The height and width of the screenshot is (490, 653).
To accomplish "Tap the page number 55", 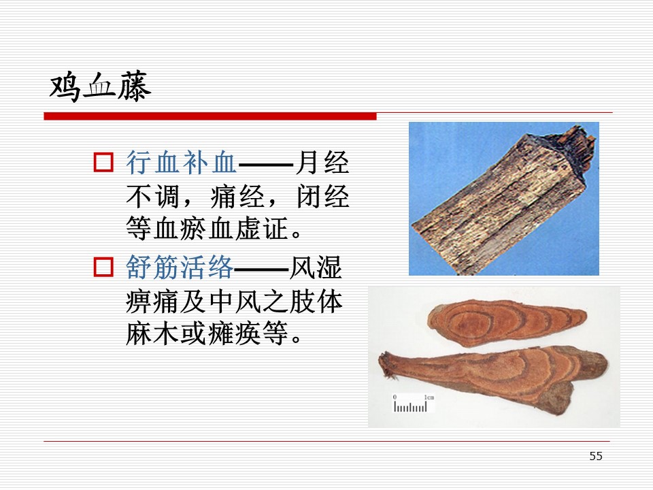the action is tap(596, 456).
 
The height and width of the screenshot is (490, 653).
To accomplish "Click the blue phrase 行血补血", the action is tap(182, 163).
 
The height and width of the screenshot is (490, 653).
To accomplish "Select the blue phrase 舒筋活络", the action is tap(180, 267).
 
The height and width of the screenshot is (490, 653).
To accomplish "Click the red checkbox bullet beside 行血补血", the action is tap(103, 163).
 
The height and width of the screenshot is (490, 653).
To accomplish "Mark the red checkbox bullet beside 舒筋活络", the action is tap(103, 267).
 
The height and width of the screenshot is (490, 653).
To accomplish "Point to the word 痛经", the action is tap(237, 196).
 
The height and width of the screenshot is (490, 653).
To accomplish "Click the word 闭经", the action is tap(322, 196).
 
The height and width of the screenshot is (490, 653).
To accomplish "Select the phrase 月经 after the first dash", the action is tap(322, 163).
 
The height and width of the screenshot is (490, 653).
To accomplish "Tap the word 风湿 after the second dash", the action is tap(316, 267).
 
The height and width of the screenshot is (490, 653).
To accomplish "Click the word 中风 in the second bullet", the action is tap(236, 301).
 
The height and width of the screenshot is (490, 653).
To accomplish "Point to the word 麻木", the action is tap(152, 333).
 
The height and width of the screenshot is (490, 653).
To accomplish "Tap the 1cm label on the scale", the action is tap(429, 397).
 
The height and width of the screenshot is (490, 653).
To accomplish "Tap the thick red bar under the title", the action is tap(210, 116).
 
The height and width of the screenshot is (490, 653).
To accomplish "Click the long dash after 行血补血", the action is tap(266, 164).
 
